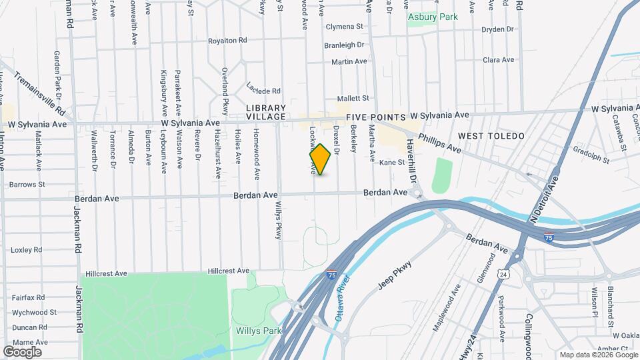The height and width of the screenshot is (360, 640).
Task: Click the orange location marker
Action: point(320,159)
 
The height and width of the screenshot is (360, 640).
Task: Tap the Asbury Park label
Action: point(433,17)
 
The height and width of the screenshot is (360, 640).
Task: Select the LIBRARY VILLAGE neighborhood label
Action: point(265,112)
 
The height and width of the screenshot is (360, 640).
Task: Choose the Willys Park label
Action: point(258,331)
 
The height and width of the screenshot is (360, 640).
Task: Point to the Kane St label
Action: point(392,162)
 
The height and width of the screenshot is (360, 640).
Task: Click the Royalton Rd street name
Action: point(227,41)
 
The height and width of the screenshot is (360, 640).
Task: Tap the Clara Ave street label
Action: point(499,60)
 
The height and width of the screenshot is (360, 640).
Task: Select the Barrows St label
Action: point(27,184)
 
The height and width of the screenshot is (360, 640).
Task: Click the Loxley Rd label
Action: point(27,250)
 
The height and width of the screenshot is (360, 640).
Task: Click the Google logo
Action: point(22,351)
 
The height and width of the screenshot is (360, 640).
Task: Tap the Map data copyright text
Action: point(597,355)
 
